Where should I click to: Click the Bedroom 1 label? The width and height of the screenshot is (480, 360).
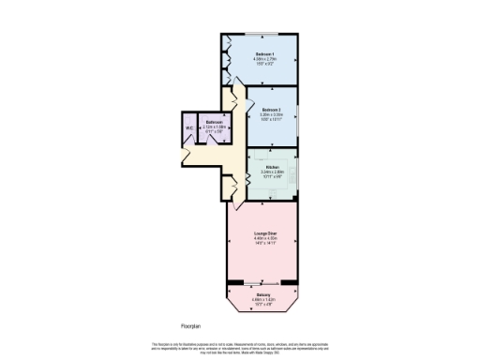click(x=264, y=54)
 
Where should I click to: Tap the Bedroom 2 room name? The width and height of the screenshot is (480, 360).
click(x=272, y=109)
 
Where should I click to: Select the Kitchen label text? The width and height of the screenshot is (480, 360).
click(x=272, y=168)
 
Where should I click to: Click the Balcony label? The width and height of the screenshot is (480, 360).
click(x=263, y=294)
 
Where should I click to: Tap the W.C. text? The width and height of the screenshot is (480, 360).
click(x=189, y=128)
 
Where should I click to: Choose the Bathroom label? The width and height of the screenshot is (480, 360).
click(x=215, y=123)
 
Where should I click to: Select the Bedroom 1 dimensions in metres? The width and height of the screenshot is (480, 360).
click(x=264, y=60)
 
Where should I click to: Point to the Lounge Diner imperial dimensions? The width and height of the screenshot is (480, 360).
click(x=267, y=243)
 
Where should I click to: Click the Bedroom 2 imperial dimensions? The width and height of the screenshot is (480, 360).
click(x=272, y=120)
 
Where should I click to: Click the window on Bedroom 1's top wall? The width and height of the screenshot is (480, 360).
click(x=262, y=35)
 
